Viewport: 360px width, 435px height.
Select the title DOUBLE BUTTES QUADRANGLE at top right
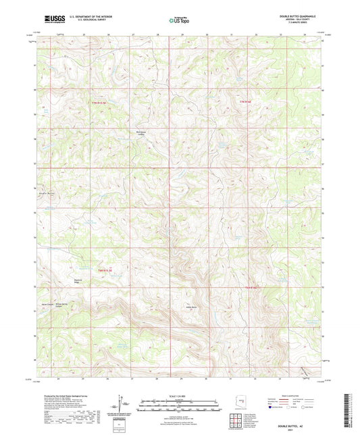tap(295, 16)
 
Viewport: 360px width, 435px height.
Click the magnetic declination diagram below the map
tap(120, 404)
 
